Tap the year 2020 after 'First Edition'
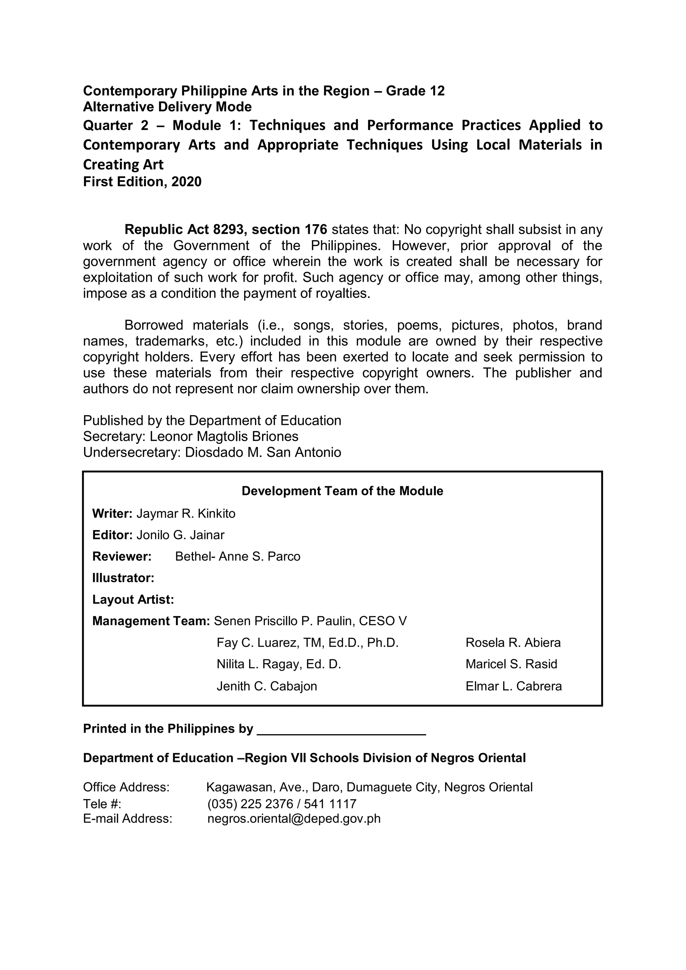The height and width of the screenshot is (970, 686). [186, 182]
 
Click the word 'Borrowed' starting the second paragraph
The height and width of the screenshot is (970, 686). [154, 325]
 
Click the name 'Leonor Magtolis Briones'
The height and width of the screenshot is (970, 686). [224, 436]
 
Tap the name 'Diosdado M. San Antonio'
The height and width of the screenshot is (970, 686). [263, 452]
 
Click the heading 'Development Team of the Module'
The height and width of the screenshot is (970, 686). [342, 491]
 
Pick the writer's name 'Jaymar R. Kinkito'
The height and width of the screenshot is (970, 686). [186, 514]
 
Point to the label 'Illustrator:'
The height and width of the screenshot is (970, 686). [123, 578]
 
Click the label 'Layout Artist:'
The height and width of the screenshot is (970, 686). [133, 599]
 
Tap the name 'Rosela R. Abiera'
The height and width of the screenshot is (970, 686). [513, 643]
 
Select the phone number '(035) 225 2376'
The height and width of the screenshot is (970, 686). [250, 803]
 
